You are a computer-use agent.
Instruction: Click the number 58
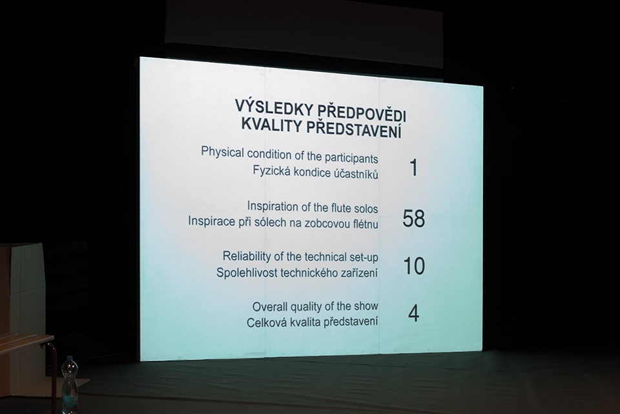point(413,219)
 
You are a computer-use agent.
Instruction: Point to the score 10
point(414,266)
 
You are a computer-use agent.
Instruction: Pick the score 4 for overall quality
point(413,313)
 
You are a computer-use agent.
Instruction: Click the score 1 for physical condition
point(414,168)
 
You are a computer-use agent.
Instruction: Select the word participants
point(351,158)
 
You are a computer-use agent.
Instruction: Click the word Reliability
point(247,256)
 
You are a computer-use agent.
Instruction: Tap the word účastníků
point(356,174)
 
